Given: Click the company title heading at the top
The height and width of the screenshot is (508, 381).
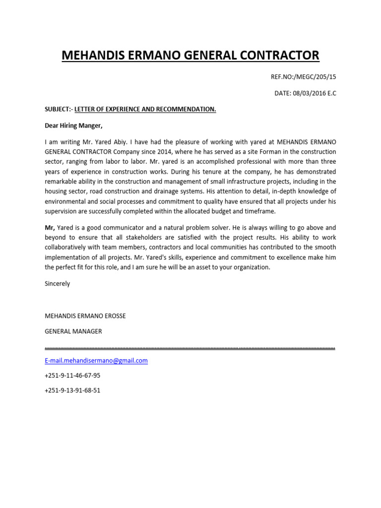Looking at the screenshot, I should pos(190,55).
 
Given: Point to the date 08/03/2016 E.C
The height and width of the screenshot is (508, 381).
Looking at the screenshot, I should pos(305,93).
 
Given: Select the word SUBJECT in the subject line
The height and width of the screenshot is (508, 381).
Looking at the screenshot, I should pos(58,109).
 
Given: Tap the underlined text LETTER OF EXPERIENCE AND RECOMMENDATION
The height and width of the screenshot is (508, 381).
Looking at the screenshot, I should pos(145,109).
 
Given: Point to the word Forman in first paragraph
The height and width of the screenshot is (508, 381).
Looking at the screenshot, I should pos(233,151).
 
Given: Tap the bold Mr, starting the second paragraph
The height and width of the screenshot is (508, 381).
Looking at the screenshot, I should pos(50,227).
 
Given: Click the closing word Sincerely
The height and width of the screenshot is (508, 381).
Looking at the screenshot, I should pos(57,284).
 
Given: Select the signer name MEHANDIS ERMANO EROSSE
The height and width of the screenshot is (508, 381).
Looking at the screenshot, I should pos(85,316).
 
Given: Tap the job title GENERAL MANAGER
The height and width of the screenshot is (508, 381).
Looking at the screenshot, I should pos(73,331).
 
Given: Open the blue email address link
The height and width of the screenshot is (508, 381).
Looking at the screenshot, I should pos(96,361).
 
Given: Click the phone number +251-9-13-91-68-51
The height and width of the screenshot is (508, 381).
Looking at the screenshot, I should pos(72,390).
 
